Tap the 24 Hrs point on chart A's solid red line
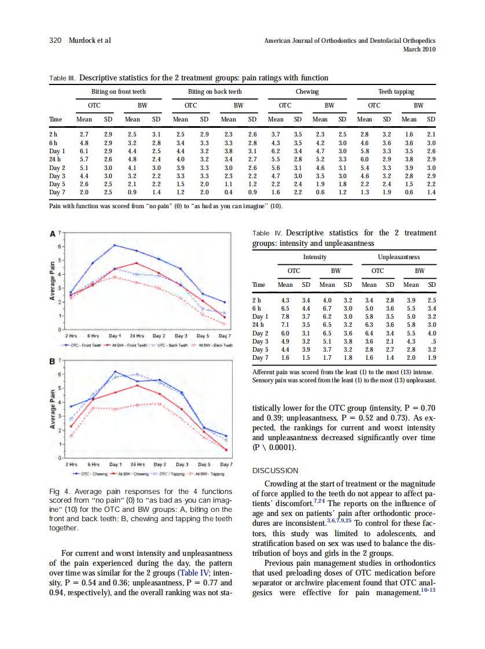[x=136, y=263]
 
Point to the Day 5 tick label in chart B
[x=204, y=464]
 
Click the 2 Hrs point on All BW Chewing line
[x=71, y=426]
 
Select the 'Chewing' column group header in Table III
[x=307, y=92]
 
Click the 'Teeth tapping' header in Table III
[x=396, y=92]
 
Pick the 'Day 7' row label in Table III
[x=57, y=191]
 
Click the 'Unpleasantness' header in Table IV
[x=399, y=257]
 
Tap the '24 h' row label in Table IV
[x=259, y=325]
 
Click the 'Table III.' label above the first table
[x=63, y=78]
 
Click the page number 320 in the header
[x=56, y=40]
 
